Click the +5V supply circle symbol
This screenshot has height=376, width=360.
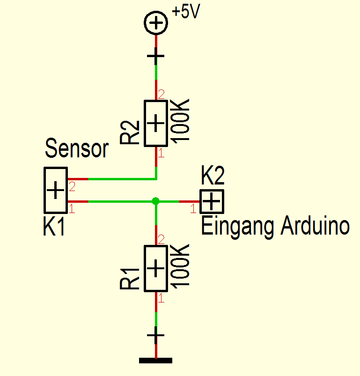tap(155, 23)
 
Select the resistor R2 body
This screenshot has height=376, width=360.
tap(156, 123)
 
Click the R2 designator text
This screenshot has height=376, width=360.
tap(130, 132)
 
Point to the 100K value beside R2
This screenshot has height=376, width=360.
tap(182, 120)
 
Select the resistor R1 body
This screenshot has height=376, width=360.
tap(156, 268)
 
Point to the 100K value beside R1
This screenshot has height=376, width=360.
tap(182, 266)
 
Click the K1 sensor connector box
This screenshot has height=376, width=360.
tap(56, 190)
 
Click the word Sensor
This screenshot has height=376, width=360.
tap(77, 149)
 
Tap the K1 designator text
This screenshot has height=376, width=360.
tap(54, 228)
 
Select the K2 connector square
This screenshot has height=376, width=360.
tap(212, 201)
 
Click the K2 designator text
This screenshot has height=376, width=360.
tap(213, 176)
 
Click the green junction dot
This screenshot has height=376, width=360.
tap(156, 201)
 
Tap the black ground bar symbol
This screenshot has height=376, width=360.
tap(156, 361)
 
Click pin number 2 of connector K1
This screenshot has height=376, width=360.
tap(72, 187)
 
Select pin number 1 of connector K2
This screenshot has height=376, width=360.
tap(193, 209)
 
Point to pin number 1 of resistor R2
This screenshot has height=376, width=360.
tap(161, 153)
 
